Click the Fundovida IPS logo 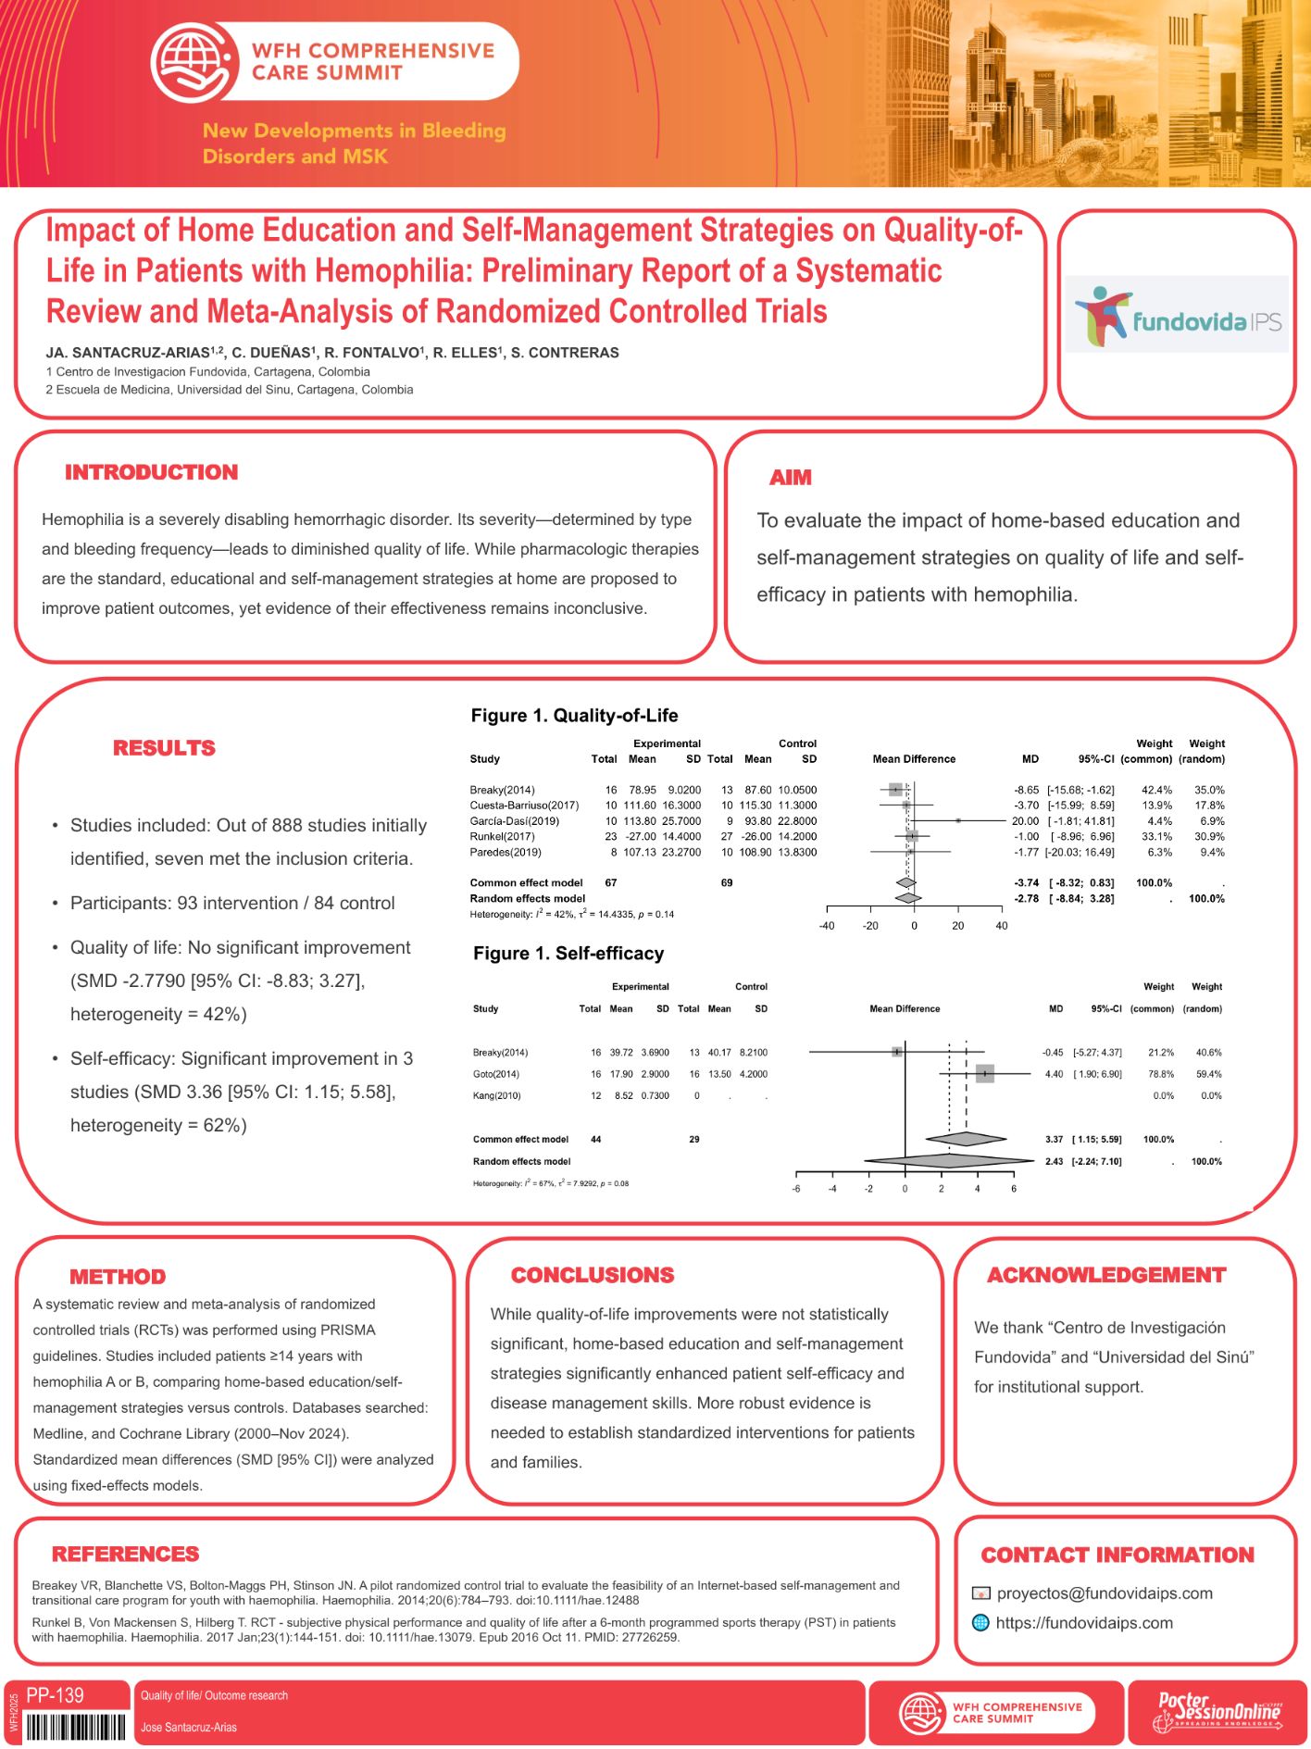pos(1177,315)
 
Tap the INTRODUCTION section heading pos(151,472)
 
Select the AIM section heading pos(790,478)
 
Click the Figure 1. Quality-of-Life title pos(574,716)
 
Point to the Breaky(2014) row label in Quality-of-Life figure pos(502,790)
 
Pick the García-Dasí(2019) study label pos(514,821)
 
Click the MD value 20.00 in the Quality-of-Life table pos(1025,821)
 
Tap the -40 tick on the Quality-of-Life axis pos(827,926)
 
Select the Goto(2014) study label pos(495,1074)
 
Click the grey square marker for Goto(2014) pos(984,1074)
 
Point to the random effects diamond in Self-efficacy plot pos(949,1161)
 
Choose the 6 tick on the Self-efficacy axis pos(1014,1189)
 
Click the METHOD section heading pos(118,1277)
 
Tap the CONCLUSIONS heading pos(593,1275)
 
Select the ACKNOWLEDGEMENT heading pos(1106,1275)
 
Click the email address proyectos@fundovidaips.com pos(1105,1593)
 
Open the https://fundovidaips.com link pos(1084,1623)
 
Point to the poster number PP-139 pos(56,1695)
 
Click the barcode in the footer pos(76,1728)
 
